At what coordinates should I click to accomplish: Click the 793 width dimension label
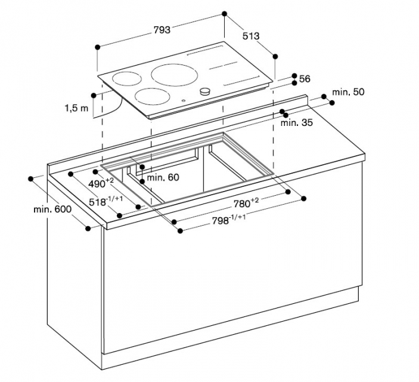point(162,30)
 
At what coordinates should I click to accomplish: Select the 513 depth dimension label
point(251,36)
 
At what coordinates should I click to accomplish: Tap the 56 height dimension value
point(305,79)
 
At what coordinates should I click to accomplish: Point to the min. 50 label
point(348,92)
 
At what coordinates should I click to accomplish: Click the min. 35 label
point(297,123)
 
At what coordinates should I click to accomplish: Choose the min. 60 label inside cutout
point(163,177)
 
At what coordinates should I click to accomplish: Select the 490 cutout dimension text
point(101,183)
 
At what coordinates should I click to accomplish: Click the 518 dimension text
point(106,201)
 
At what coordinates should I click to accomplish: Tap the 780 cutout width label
point(246,203)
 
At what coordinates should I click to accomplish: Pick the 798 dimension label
point(229,220)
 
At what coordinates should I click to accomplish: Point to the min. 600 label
point(52,209)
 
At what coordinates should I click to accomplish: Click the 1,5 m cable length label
point(76,108)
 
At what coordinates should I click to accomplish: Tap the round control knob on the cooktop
point(205,91)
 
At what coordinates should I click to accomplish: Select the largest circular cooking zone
point(175,75)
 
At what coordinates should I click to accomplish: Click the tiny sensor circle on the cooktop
point(184,101)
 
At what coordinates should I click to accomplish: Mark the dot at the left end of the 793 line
point(98,47)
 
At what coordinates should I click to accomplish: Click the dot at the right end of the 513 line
point(275,57)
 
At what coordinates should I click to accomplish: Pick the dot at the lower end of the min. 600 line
point(88,229)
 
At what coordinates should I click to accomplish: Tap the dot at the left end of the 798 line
point(180,231)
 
